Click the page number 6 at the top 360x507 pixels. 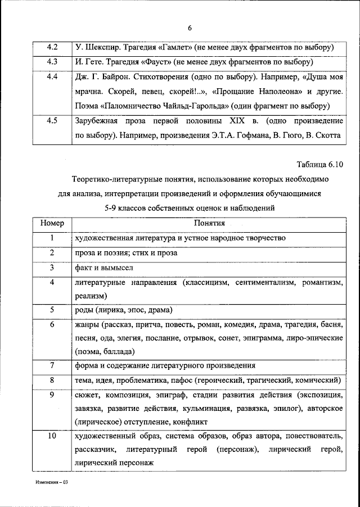(x=190, y=29)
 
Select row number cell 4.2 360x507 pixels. (x=52, y=47)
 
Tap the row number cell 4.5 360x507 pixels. (x=52, y=121)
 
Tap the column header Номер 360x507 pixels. (x=52, y=223)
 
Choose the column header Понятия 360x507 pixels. (x=209, y=223)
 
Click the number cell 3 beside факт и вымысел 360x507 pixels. (x=52, y=268)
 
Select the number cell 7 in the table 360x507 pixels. (x=52, y=366)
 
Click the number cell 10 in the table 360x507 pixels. (x=52, y=436)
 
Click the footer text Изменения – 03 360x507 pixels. (x=49, y=482)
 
